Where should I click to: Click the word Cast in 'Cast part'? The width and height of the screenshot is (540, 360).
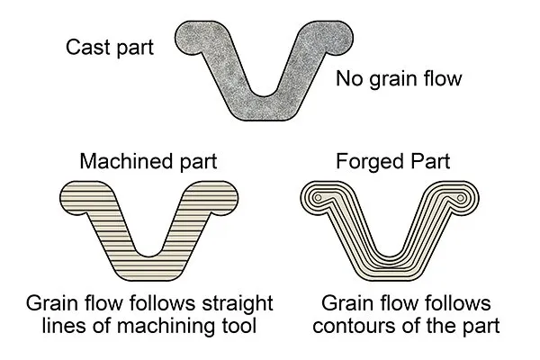(88, 47)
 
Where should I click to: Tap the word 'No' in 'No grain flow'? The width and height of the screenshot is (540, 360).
(349, 78)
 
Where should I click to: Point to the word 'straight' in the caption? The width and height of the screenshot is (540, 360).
(238, 304)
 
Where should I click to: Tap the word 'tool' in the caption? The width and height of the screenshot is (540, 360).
(239, 326)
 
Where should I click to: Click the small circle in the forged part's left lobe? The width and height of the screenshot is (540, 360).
(319, 197)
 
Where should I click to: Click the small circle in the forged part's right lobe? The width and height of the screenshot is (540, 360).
(461, 197)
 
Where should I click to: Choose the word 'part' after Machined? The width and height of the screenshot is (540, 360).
(199, 162)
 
